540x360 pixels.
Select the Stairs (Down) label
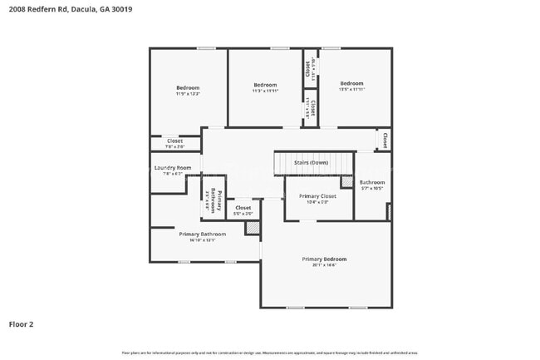coord(312,163)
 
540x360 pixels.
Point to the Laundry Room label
coord(173,168)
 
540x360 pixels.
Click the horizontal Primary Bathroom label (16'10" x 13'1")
coord(202,234)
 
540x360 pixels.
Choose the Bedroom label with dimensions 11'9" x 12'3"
coord(188,88)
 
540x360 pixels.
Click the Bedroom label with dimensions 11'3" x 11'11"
coord(265,85)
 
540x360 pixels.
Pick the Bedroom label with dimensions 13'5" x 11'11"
coord(351,83)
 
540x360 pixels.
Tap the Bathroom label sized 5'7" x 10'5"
coord(372,182)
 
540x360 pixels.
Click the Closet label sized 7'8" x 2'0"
coord(174,141)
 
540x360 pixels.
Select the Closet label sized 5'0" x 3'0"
coord(243,208)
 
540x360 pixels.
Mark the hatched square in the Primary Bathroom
coord(253,227)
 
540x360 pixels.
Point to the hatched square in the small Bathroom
coord(347,181)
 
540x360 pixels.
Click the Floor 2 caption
coord(21,324)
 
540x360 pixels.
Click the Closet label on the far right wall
coord(385,139)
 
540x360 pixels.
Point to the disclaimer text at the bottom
coord(270,353)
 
